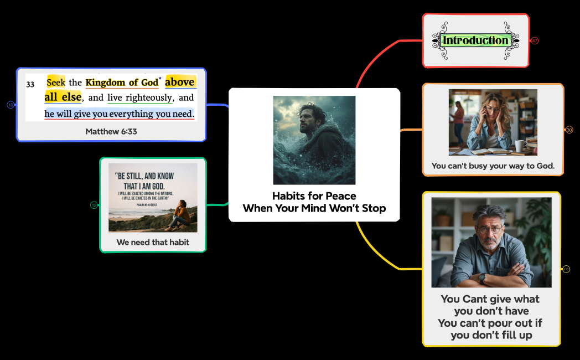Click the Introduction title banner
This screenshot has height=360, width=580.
coord(475,40)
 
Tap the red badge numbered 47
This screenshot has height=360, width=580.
coord(535,40)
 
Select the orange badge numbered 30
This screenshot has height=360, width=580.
coord(569,130)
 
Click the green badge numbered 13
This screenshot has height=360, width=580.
coord(94,205)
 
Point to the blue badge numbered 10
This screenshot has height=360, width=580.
coord(11,105)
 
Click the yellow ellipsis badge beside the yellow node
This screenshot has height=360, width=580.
coord(566,269)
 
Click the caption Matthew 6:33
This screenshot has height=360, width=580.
coord(111,131)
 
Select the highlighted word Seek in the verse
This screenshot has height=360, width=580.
coord(56,83)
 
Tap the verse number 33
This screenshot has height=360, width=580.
coord(30,85)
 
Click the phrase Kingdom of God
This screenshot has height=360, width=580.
coord(122,83)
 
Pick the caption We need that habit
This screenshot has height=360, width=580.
coord(153,242)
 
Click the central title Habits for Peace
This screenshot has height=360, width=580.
coord(314,196)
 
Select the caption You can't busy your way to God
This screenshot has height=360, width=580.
coord(493,166)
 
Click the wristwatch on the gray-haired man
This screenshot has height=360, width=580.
coord(483,278)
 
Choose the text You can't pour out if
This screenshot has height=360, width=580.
coord(490,323)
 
